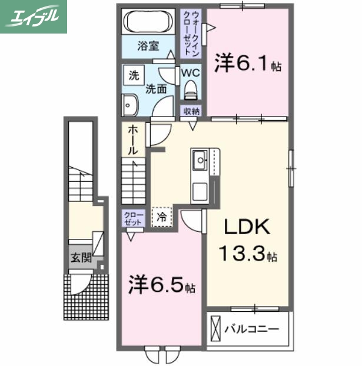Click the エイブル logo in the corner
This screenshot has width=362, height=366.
coord(34,16)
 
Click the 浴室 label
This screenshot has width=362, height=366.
coord(148,46)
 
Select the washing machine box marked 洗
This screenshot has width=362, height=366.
coord(134,75)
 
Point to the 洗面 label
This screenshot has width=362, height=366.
coord(156,89)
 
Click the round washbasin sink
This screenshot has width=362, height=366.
coord(129,107)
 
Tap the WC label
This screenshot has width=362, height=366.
coord(190,73)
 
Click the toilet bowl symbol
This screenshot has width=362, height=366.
coord(190,90)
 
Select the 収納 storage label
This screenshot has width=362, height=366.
coord(191,111)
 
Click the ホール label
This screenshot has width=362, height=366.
coord(134,140)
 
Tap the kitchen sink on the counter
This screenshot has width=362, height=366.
coord(199,158)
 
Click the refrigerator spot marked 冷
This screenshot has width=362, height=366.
coord(161,217)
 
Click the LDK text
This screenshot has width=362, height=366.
coord(246,228)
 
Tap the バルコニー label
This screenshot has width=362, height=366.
coord(251,328)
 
